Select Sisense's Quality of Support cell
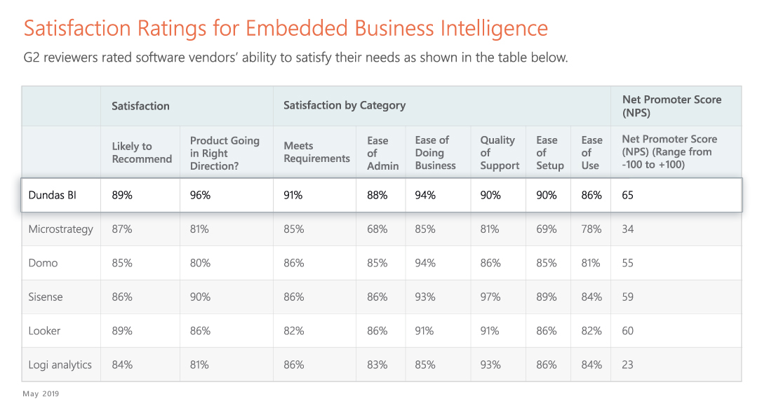point(490,297)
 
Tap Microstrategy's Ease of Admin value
point(377,229)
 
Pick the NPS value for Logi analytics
point(628,365)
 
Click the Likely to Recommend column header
point(142,152)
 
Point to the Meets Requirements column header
point(316,152)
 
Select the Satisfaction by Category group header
point(345,105)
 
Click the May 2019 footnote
point(41,393)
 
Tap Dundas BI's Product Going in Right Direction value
point(200,195)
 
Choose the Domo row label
point(44,263)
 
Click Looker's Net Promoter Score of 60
point(628,330)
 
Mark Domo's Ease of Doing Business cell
point(425,263)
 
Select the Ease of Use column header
point(591,152)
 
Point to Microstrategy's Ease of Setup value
point(547,229)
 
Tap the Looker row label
point(45,330)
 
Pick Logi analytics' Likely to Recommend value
point(122,365)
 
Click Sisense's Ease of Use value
point(591,297)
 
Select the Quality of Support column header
point(500,152)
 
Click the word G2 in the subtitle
point(32,57)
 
